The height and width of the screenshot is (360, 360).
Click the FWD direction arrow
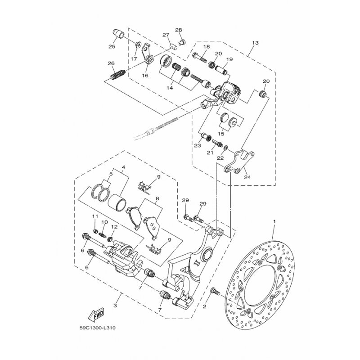(x=96, y=314)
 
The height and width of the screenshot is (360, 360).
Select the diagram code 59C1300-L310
(x=98, y=328)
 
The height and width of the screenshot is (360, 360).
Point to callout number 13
(x=255, y=43)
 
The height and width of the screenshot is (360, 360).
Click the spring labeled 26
(x=118, y=75)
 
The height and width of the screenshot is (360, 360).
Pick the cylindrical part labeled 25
(x=118, y=34)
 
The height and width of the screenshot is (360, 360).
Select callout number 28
(x=178, y=30)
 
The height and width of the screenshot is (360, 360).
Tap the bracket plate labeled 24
(x=239, y=162)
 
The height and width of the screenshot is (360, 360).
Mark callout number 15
(x=221, y=134)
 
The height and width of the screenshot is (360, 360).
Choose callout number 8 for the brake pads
(x=157, y=198)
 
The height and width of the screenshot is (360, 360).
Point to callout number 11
(x=95, y=216)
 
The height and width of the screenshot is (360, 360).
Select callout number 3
(x=115, y=306)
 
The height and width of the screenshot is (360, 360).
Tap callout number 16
(x=145, y=76)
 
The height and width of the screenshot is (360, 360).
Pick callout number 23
(x=198, y=145)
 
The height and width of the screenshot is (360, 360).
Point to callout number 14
(x=170, y=88)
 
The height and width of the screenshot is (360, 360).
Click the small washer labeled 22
(x=226, y=148)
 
